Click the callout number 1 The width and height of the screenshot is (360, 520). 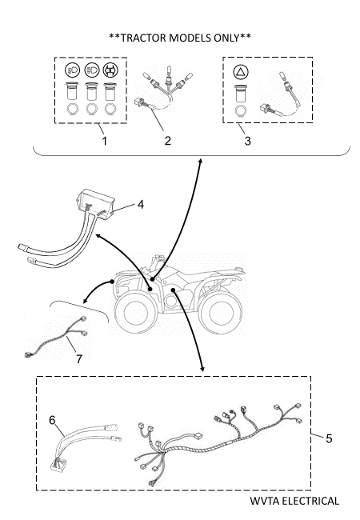(x=105, y=141)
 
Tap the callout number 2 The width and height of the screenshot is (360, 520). (x=168, y=141)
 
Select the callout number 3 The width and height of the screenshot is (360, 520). (x=248, y=141)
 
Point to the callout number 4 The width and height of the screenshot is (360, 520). (x=141, y=205)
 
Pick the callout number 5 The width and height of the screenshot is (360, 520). (x=329, y=438)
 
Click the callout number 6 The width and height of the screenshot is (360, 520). (x=52, y=420)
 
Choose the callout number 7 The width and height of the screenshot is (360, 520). (x=79, y=359)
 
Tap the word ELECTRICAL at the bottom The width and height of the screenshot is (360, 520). (x=310, y=501)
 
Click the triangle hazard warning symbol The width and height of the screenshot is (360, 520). (x=241, y=72)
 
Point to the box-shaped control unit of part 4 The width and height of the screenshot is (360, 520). (x=95, y=203)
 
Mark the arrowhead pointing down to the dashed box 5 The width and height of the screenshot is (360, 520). (x=202, y=369)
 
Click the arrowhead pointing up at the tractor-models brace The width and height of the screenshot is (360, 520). (x=200, y=161)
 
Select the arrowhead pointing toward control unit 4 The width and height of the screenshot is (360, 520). (x=98, y=235)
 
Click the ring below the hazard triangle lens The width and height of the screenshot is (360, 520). (x=240, y=111)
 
